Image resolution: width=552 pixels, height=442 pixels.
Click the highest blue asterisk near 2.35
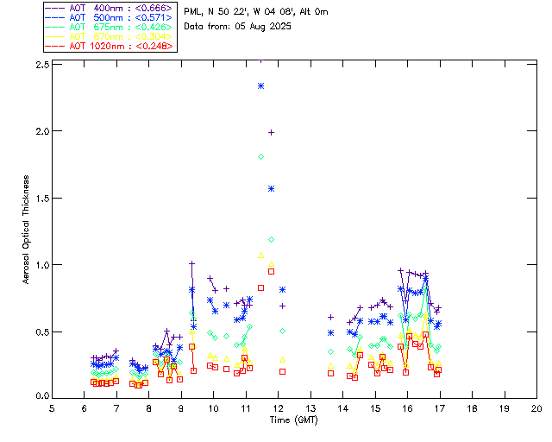tap(260, 85)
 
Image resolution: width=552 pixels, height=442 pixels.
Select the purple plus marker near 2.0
tap(271, 132)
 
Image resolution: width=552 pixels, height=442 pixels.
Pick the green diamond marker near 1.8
tap(260, 156)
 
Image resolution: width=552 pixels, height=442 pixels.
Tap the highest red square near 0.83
tap(260, 287)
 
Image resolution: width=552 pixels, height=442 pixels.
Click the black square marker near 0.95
tap(271, 271)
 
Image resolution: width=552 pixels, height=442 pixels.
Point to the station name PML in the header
tap(193, 11)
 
